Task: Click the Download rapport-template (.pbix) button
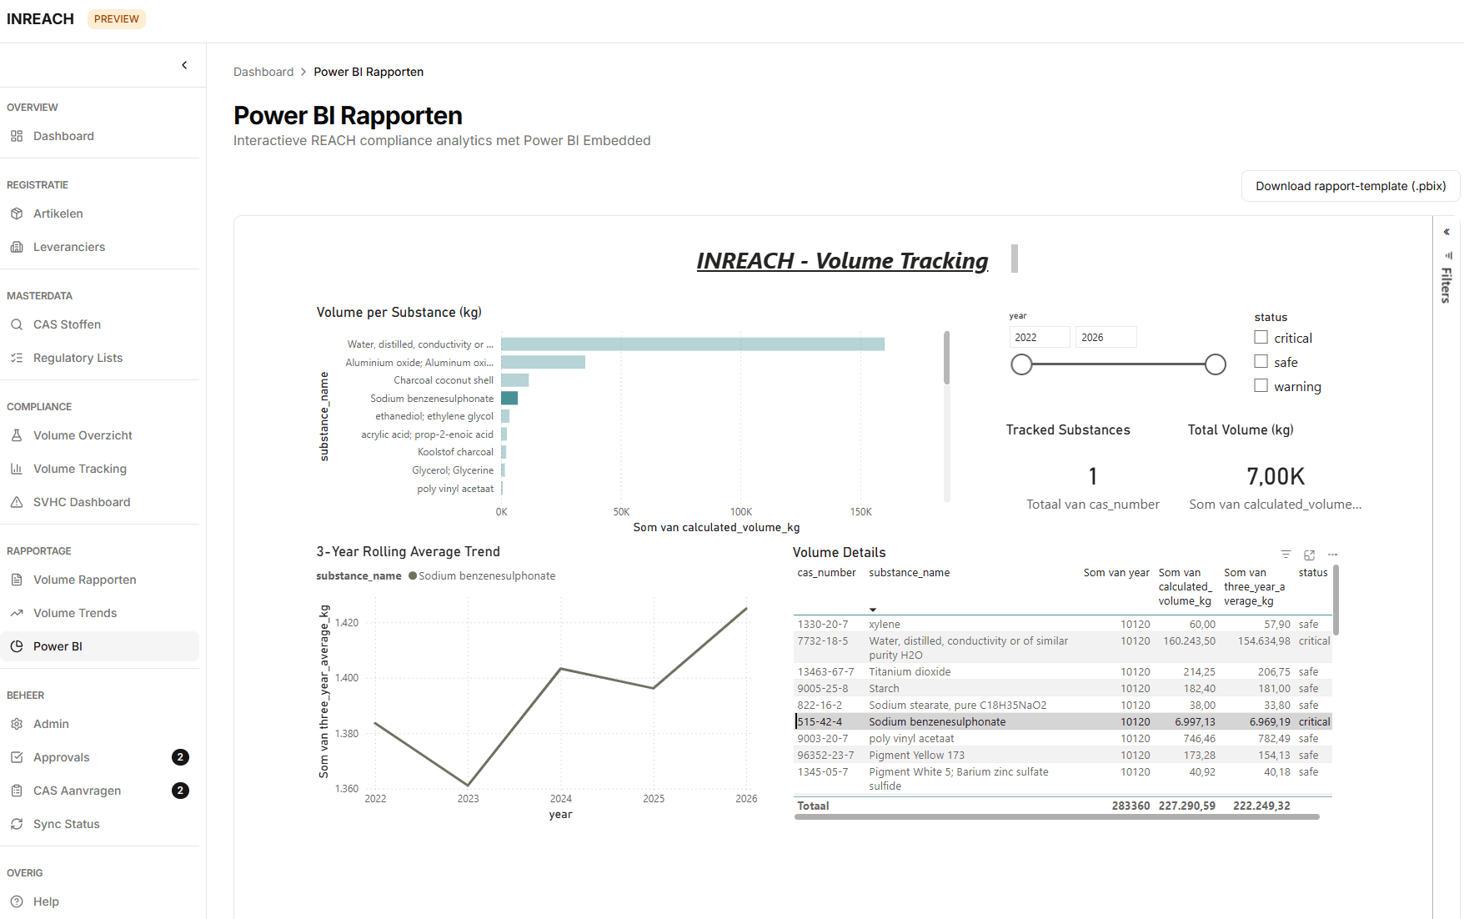[x=1351, y=186]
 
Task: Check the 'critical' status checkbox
[x=1261, y=338]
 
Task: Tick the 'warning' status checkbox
[x=1261, y=386]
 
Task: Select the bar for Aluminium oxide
[x=543, y=362]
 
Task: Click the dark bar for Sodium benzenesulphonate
[x=509, y=399]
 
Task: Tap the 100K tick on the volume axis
[x=741, y=512]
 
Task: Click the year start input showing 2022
[x=1039, y=337]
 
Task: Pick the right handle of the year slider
[x=1216, y=364]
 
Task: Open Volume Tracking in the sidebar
[x=80, y=469]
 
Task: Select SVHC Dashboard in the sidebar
[x=82, y=502]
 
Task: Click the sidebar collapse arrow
[x=184, y=65]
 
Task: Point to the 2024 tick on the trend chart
[x=561, y=799]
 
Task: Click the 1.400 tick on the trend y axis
[x=347, y=678]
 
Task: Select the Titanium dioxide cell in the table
[x=910, y=672]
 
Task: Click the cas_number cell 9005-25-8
[x=823, y=689]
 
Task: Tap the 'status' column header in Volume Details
[x=1312, y=573]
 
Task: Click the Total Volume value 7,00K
[x=1276, y=477]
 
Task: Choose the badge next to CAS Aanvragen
[x=180, y=791]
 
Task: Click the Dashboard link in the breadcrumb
[x=263, y=72]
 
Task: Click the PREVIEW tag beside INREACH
[x=117, y=19]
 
